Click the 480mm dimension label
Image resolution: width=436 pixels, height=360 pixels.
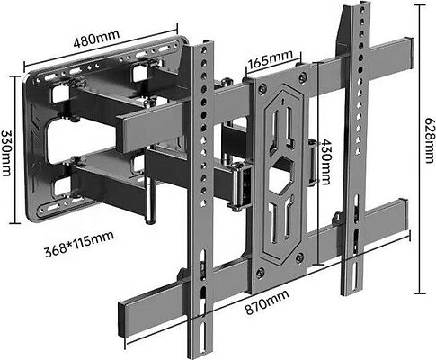coord(96,39)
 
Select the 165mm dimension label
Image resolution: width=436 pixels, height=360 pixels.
coord(271,58)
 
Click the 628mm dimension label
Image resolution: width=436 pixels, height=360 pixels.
coord(430,140)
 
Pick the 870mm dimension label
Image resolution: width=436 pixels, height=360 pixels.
coord(267,302)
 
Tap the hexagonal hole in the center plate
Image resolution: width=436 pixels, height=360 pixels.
coord(280,175)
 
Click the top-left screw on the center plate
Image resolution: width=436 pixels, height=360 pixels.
coord(262,88)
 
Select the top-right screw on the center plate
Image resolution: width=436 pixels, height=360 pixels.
coord(302,77)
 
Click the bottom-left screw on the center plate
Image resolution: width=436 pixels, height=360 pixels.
coord(260,274)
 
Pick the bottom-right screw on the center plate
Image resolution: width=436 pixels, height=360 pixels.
coord(299,258)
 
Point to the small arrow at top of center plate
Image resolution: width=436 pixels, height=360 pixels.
coord(282,102)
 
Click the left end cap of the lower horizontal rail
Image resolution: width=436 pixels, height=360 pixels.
coord(121,320)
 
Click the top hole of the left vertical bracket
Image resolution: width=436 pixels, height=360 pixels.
coord(204,49)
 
